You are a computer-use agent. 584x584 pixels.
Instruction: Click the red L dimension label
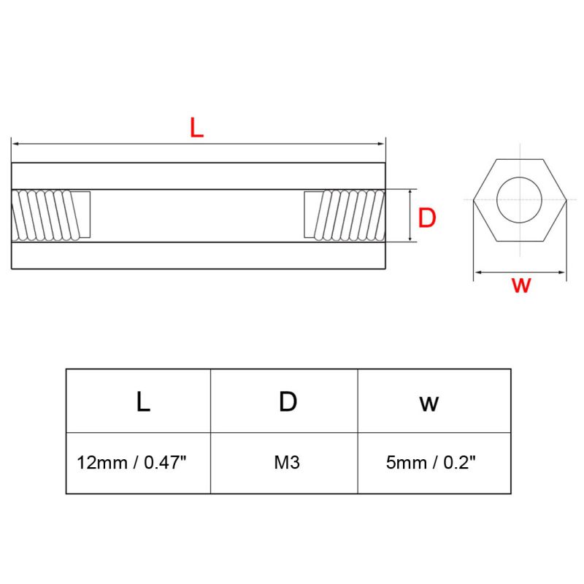[x=196, y=128]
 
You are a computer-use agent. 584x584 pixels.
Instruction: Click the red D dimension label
[x=427, y=218]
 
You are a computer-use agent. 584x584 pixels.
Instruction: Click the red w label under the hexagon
[x=520, y=285]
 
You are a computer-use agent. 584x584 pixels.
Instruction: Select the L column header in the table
[x=143, y=402]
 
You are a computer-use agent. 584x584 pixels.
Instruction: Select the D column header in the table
[x=288, y=402]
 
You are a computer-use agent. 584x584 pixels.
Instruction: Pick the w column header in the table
[x=429, y=404]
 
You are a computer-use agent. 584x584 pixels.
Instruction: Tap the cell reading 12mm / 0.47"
[x=131, y=463]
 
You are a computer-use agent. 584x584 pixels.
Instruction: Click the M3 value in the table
[x=287, y=463]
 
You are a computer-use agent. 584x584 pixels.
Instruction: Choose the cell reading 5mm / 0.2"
[x=431, y=463]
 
